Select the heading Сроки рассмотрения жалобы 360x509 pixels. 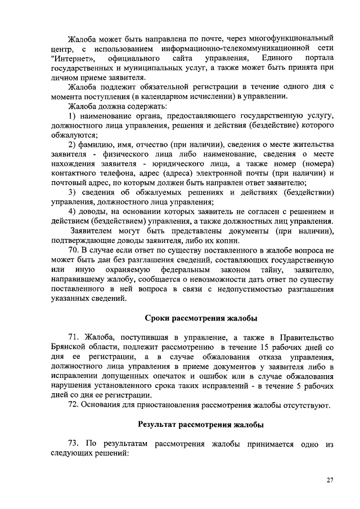(x=201, y=319)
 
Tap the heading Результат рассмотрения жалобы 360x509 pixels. (x=201, y=424)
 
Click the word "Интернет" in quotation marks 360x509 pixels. (x=72, y=58)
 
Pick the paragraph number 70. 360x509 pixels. (x=74, y=249)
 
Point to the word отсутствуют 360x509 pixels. (x=310, y=404)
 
